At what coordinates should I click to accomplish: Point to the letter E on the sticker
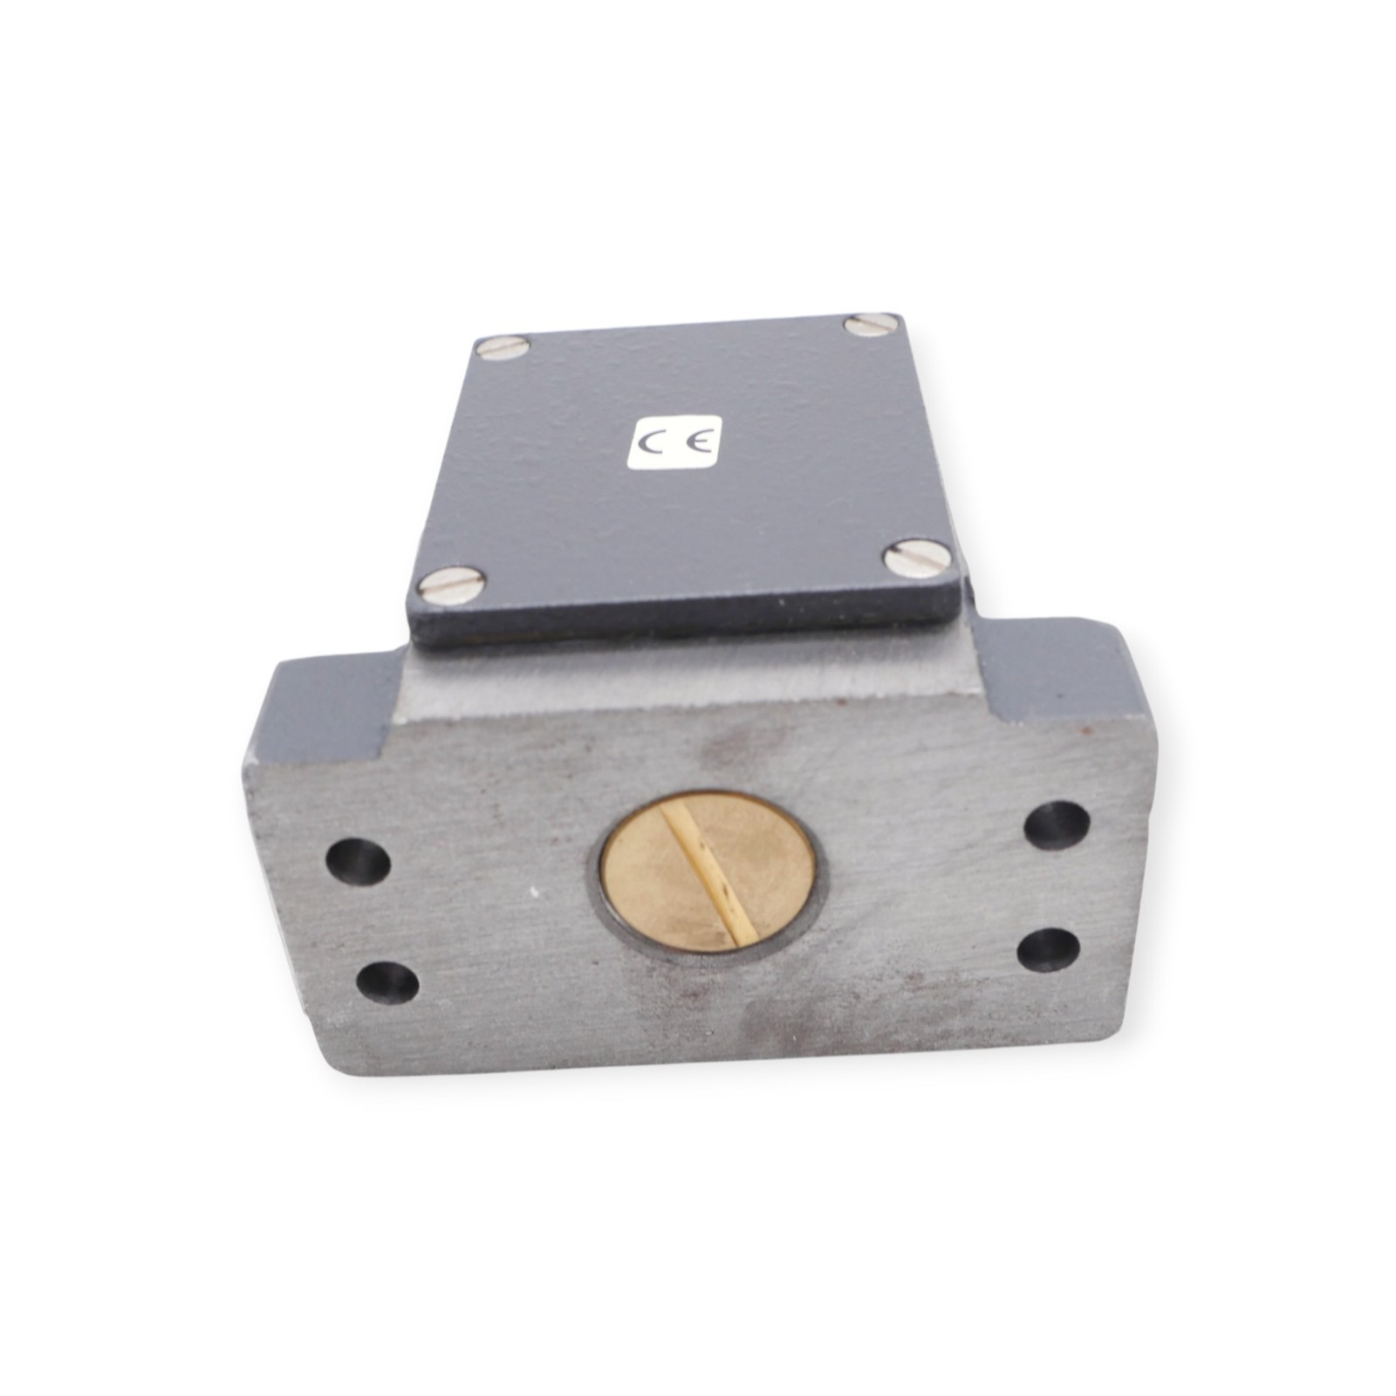698,441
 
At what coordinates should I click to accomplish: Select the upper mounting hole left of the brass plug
358,862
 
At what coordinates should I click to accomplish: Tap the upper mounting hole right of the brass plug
1056,825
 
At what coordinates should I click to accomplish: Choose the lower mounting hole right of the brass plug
1048,949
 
